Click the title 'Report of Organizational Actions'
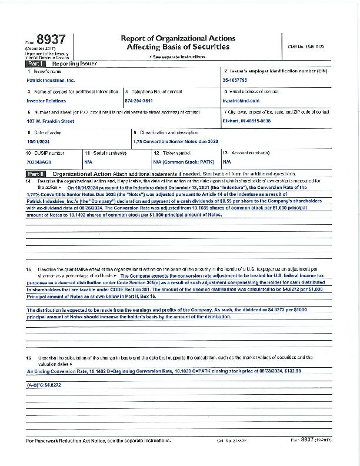[169, 38]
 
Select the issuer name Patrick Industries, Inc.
[51, 79]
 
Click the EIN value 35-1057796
[235, 79]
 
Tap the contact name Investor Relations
[46, 101]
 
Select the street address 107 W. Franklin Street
[51, 121]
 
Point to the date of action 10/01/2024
[39, 142]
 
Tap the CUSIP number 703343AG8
[39, 161]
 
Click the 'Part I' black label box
[34, 62]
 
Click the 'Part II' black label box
[35, 174]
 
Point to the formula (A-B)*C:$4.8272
[44, 384]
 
